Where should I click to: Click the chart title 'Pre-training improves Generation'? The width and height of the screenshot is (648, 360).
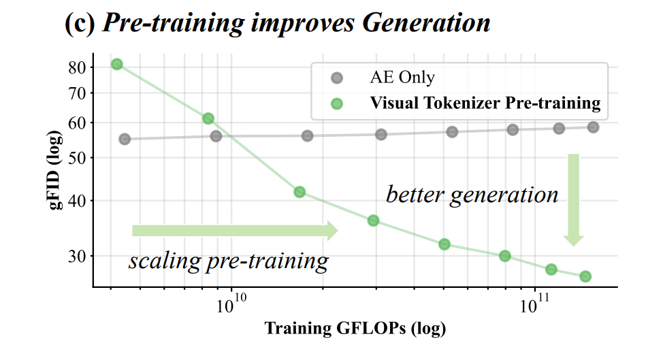click(295, 22)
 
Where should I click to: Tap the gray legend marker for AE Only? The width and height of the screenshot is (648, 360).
click(336, 78)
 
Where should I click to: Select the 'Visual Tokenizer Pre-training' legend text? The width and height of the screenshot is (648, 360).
click(485, 103)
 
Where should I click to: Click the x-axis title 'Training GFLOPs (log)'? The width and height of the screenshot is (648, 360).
click(355, 329)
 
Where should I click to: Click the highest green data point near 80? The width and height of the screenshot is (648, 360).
click(117, 64)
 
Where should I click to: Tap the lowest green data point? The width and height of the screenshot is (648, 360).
click(585, 276)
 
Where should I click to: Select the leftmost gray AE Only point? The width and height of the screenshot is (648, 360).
click(125, 139)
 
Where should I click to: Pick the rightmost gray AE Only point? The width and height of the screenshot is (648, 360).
click(593, 127)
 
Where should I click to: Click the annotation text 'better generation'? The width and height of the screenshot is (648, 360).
click(472, 195)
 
